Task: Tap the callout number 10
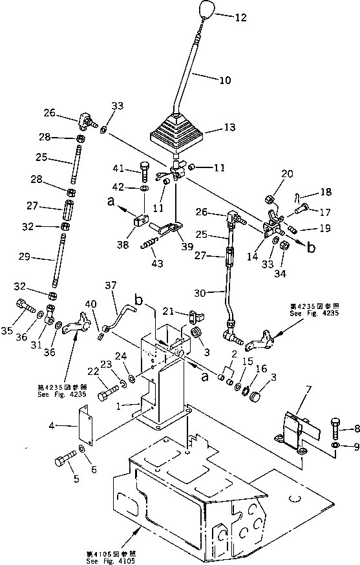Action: (224, 81)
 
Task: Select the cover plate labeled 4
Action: (86, 423)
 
